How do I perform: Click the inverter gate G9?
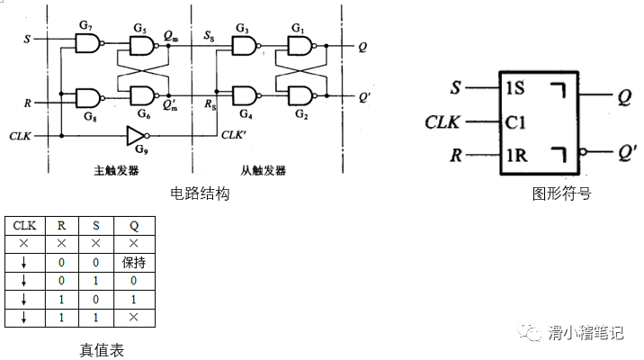coord(137,135)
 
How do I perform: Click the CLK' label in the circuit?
coord(236,136)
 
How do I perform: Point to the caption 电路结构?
coord(200,193)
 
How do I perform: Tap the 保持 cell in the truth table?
coord(134,262)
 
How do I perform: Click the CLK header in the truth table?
coord(24,225)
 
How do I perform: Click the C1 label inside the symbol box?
coord(515,122)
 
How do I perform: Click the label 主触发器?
coord(114,169)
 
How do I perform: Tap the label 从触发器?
coord(264,169)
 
